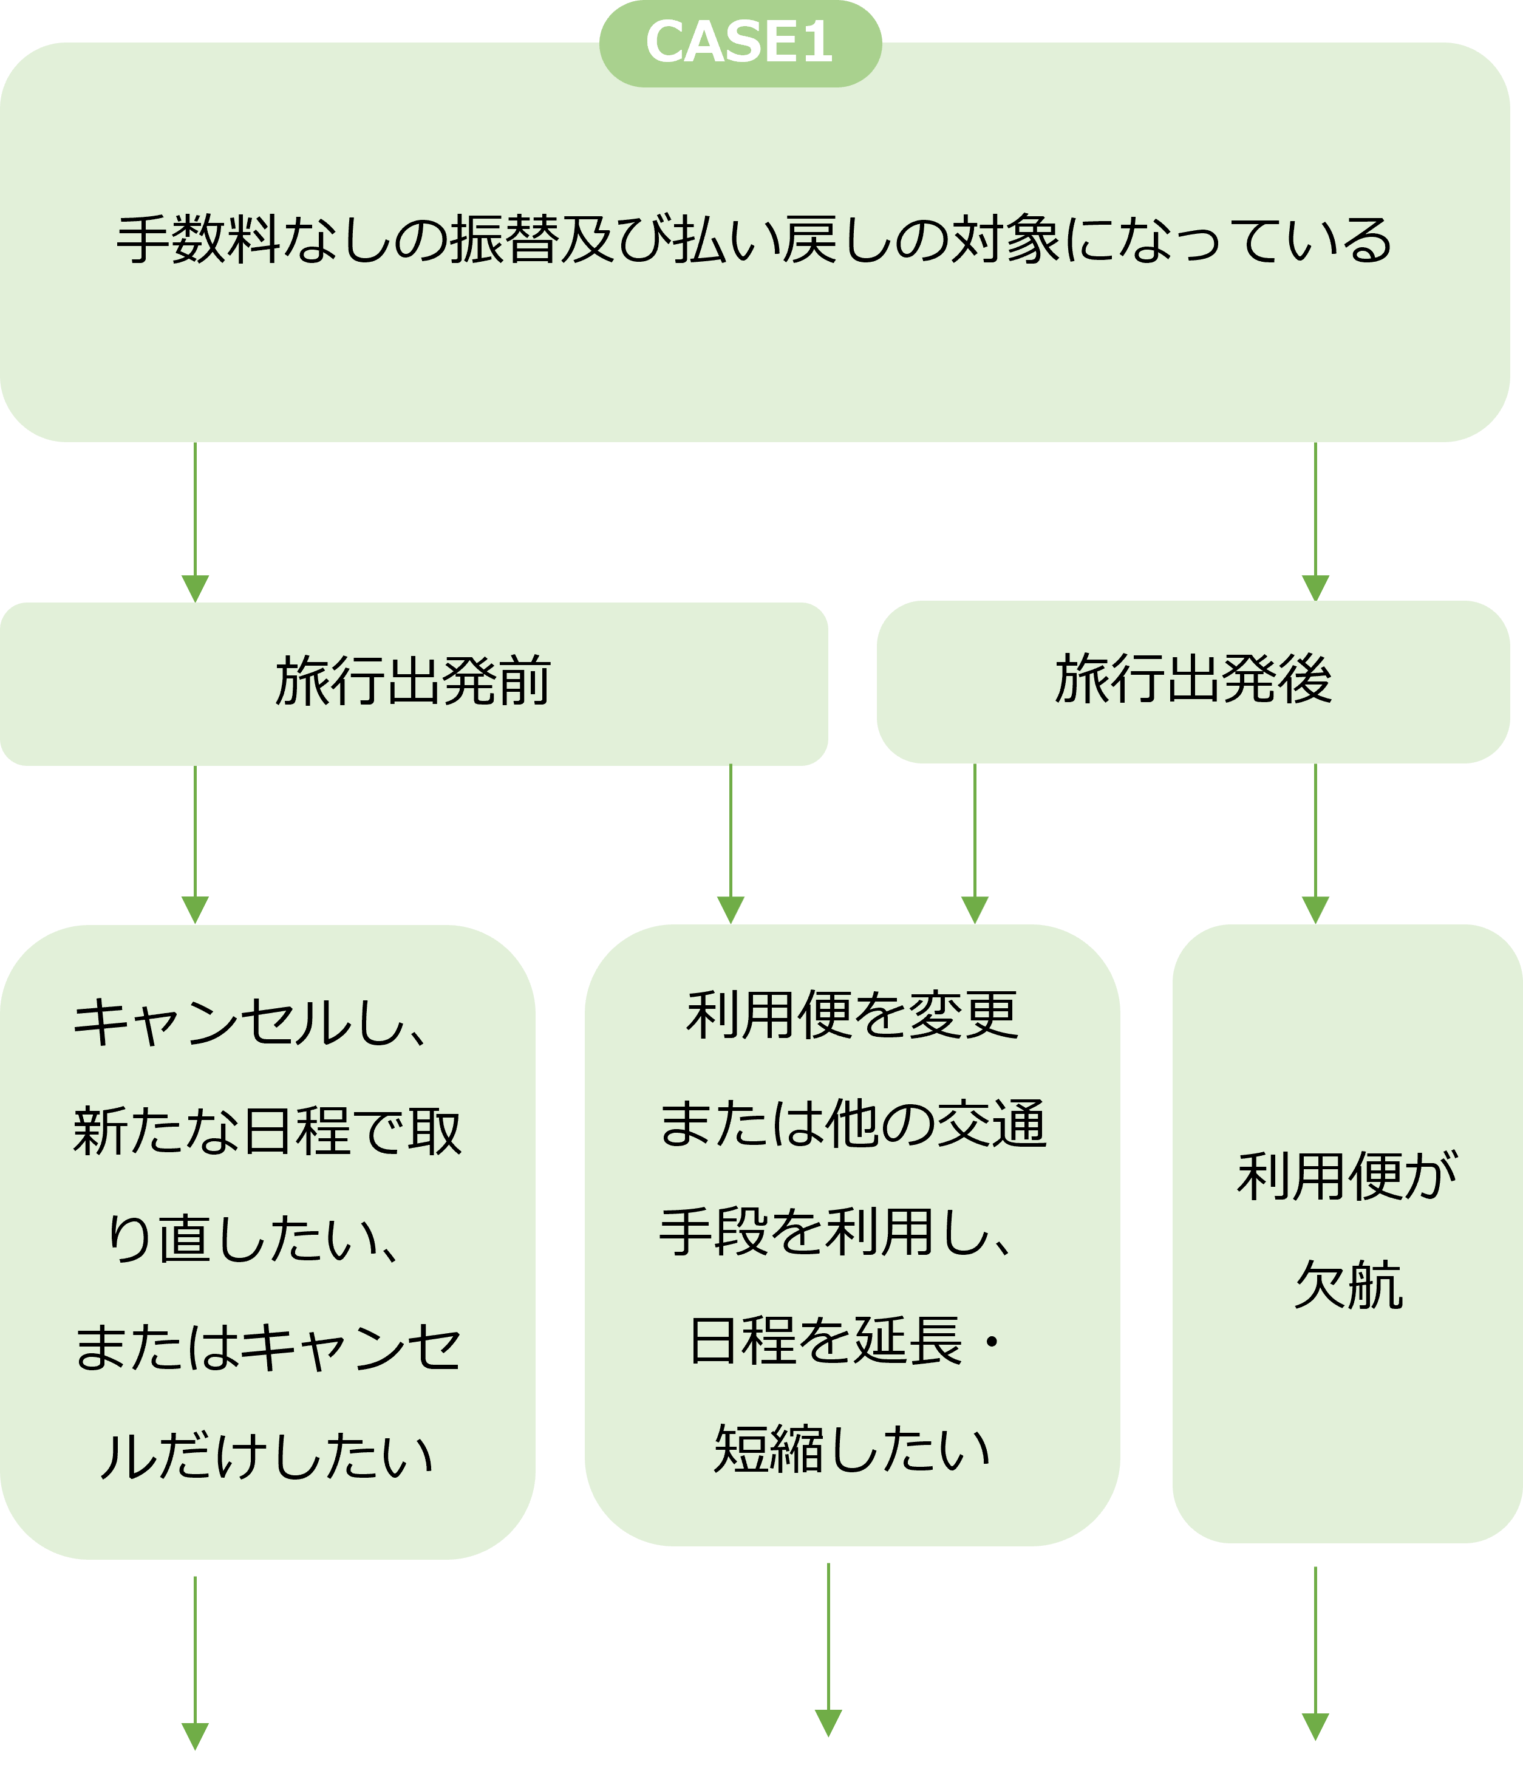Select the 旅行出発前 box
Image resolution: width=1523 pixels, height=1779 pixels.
pos(413,683)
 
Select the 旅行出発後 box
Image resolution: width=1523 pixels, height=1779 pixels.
pos(1193,681)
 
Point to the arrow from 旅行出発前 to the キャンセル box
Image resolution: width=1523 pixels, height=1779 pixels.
pos(195,845)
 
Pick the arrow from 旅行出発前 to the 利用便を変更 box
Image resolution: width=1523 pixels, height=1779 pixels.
pos(731,845)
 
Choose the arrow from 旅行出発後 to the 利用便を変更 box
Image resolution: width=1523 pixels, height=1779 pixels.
pos(975,845)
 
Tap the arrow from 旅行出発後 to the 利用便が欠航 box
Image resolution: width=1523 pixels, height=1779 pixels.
pos(1315,845)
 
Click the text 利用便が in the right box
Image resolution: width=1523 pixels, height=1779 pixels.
pos(1347,1177)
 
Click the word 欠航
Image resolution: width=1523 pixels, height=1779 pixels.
pos(1348,1285)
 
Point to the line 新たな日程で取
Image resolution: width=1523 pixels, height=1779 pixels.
pos(267,1131)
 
